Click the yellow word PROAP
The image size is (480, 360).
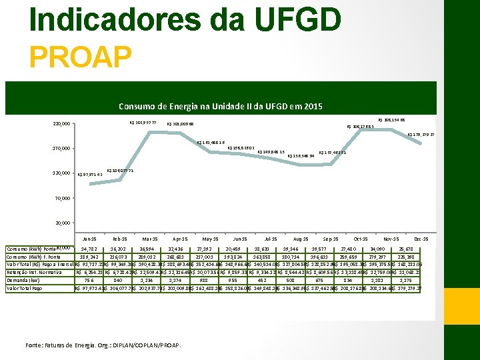81,56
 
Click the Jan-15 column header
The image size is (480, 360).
88,239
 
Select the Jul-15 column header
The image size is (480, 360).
270,239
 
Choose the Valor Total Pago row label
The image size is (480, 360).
25,288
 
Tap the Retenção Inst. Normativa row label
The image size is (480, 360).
37,272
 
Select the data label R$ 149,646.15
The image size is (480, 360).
271,152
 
